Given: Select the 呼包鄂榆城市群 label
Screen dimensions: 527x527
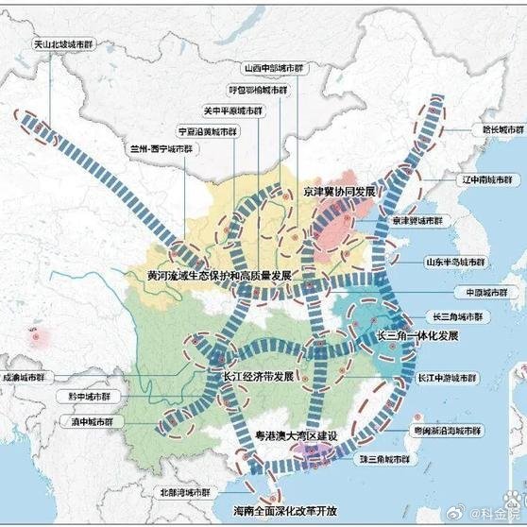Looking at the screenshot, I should coord(259,91).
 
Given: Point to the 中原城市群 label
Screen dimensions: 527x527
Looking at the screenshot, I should coord(478,292).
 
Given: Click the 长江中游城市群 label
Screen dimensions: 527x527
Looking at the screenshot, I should coord(448,377).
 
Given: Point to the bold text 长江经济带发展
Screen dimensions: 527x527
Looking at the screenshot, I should coord(257,376).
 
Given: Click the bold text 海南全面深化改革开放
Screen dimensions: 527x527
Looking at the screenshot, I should coord(284,510).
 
